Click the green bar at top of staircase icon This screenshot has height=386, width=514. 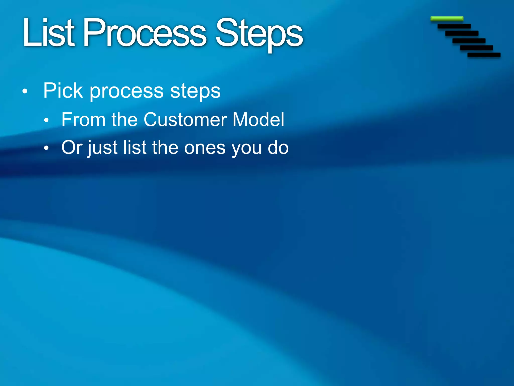[x=447, y=19]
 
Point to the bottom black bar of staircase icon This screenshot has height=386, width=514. [x=484, y=55]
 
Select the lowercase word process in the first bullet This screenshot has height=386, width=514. [x=127, y=92]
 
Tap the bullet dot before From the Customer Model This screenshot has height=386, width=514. [x=46, y=120]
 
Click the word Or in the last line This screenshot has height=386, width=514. [x=72, y=148]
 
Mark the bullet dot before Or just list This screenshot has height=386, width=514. [x=46, y=149]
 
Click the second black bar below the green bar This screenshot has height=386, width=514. [x=462, y=33]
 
